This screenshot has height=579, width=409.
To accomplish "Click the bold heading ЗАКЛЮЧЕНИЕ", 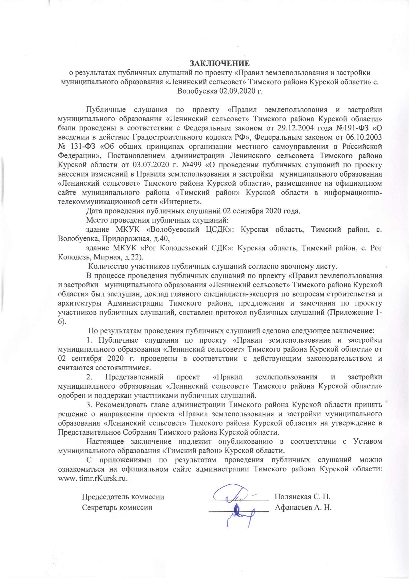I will pos(219,63).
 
